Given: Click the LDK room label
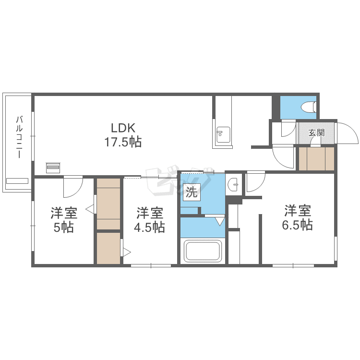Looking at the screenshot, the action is point(123,128).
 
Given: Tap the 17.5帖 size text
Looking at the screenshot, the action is point(123,142).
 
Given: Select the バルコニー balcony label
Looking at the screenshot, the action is point(20,137).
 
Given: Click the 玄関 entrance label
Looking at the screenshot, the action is point(316,132).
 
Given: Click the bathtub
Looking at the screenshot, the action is point(203,251).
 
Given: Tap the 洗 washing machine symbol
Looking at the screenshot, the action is point(192,192).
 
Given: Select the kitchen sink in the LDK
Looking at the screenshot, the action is point(223,134).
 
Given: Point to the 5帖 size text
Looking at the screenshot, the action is point(63,228).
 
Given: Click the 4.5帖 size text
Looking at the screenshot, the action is point(149,228).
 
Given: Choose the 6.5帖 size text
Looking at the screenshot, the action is point(297,225).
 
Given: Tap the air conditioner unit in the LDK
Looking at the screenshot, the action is point(53,168).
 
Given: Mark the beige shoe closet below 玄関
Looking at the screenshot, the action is point(316,159).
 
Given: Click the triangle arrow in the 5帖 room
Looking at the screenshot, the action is point(90,209).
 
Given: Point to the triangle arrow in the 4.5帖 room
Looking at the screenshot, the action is point(127,252).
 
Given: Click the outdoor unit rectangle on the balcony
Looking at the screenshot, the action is point(17,181).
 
